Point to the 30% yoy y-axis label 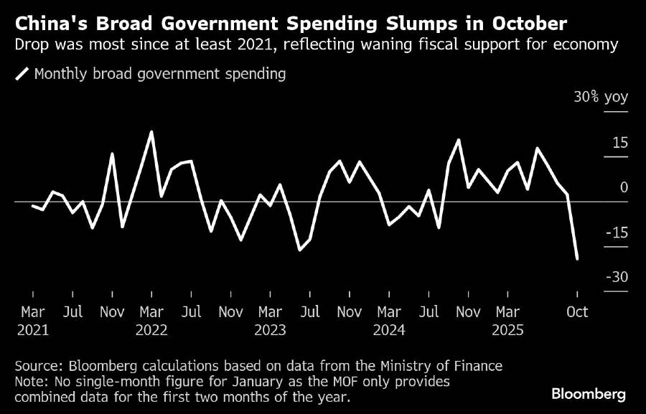(x=600, y=98)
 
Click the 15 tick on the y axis (x=618, y=143)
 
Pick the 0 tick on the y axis (x=623, y=187)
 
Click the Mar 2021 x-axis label (x=32, y=321)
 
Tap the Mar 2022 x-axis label (x=151, y=321)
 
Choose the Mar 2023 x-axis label (x=270, y=321)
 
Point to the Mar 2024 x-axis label (x=388, y=321)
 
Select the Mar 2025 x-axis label (x=507, y=321)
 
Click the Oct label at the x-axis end (x=577, y=312)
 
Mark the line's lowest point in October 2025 (x=577, y=259)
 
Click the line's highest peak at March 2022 (x=151, y=132)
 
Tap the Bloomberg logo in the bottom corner (x=589, y=394)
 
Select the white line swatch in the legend (x=22, y=74)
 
